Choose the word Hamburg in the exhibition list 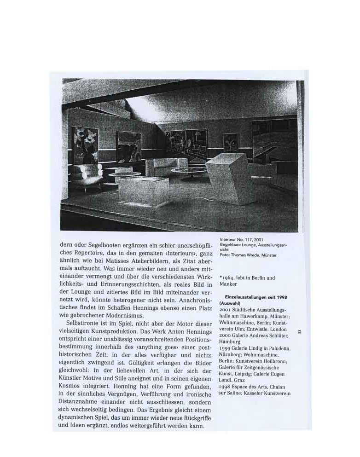(229, 342)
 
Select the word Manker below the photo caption (229, 284)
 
